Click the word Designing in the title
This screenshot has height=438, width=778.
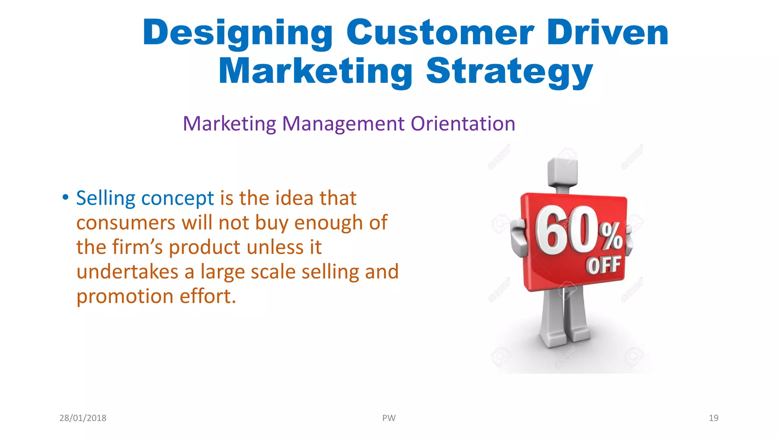click(x=237, y=33)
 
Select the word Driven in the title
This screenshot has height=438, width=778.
click(x=607, y=33)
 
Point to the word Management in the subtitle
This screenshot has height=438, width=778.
click(x=343, y=124)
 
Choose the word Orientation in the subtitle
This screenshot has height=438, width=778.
click(x=463, y=124)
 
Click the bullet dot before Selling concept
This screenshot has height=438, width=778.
click(x=66, y=197)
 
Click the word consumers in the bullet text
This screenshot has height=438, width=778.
click(x=126, y=223)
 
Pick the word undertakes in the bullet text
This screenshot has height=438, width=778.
click(x=127, y=272)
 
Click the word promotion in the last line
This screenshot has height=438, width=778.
click(x=125, y=297)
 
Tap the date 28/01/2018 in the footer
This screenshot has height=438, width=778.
click(x=83, y=418)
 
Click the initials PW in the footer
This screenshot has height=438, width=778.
click(x=389, y=418)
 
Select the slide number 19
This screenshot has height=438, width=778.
click(x=713, y=418)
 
